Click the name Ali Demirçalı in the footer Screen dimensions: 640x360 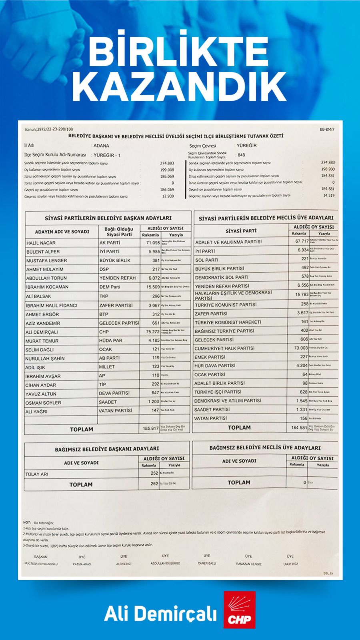tap(160, 614)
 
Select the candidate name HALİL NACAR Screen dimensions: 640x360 tap(41, 243)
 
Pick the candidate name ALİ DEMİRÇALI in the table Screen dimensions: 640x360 tap(42, 332)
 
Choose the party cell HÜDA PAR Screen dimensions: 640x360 tap(111, 340)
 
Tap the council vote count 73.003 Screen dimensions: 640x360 tap(300, 348)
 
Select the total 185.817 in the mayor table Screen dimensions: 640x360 tap(151, 428)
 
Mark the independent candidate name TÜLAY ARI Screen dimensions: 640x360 tap(37, 474)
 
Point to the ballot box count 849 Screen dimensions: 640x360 tap(241, 155)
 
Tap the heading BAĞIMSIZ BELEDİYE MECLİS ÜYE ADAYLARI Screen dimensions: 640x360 tap(265, 448)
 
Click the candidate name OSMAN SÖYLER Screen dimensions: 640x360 tap(44, 402)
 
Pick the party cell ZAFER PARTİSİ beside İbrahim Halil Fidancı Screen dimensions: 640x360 tap(116, 305)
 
